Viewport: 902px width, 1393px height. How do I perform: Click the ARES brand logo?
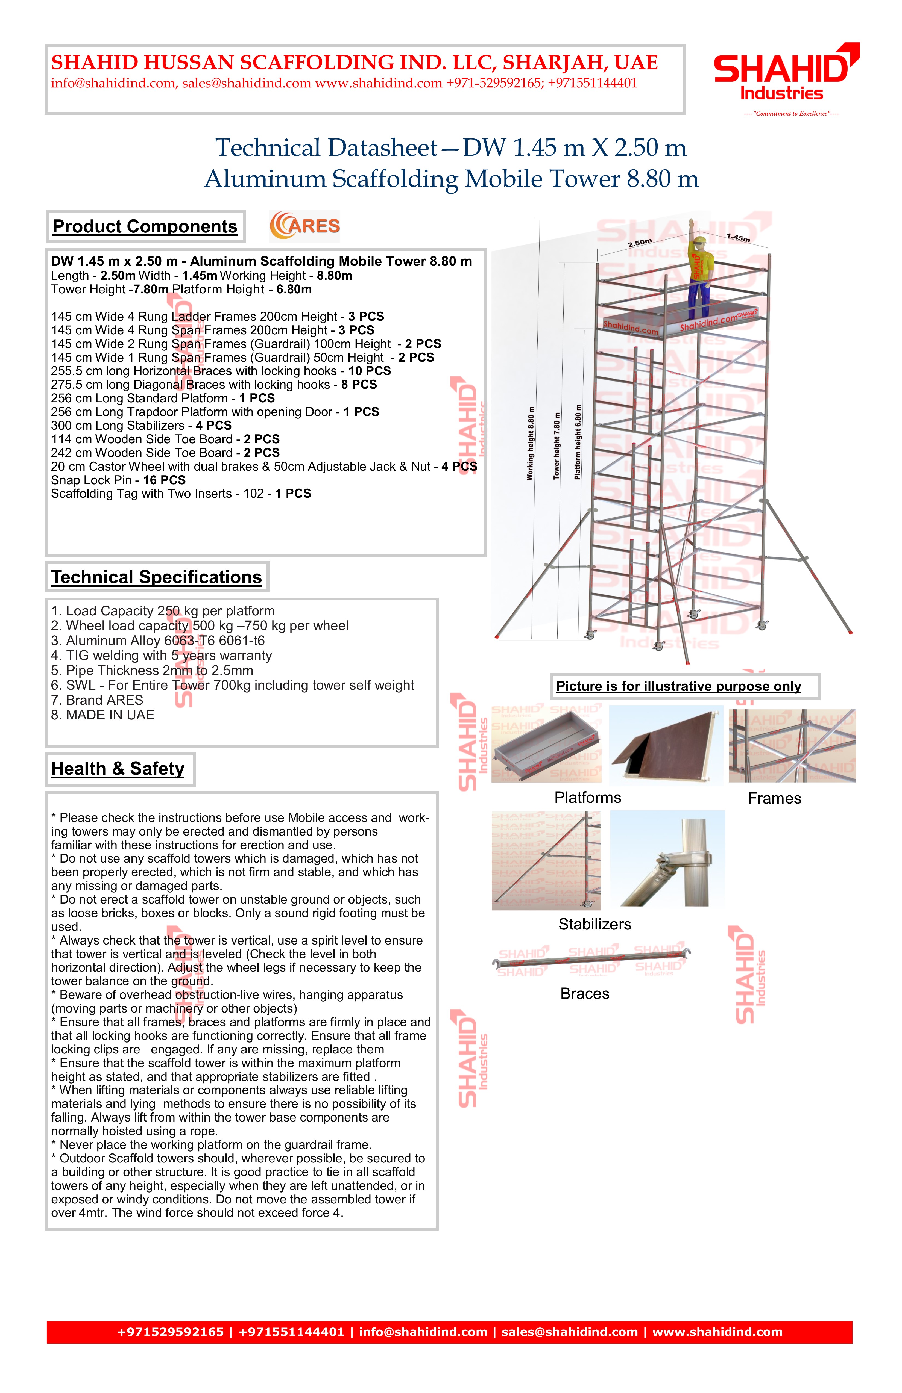[x=304, y=226]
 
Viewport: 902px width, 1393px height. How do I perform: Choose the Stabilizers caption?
[x=594, y=924]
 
